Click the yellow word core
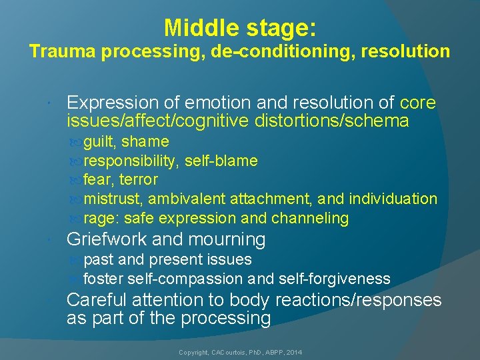pyautogui.click(x=417, y=103)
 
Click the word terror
pyautogui.click(x=139, y=179)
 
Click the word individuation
pyautogui.click(x=393, y=199)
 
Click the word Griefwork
pyautogui.click(x=107, y=239)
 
